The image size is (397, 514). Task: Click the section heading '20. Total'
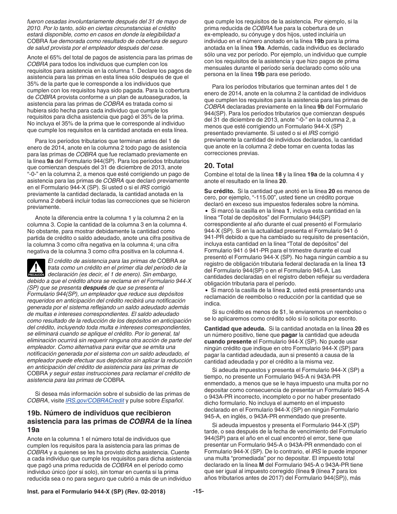[219, 165]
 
